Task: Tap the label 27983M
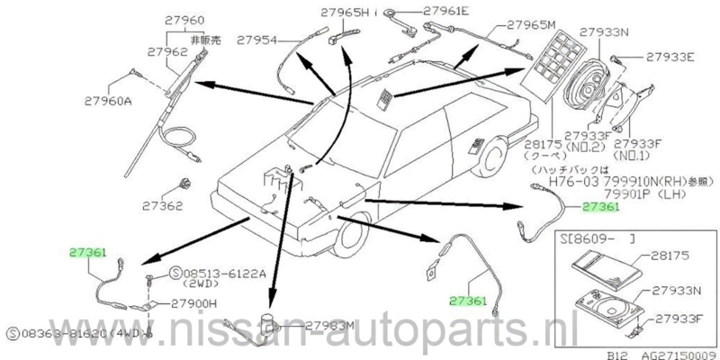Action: pyautogui.click(x=332, y=325)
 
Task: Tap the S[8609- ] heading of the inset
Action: pyautogui.click(x=586, y=240)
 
